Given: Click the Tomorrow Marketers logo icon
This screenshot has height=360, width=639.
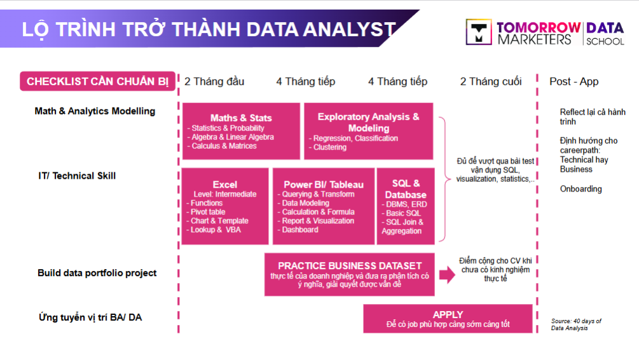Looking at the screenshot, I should tap(479, 32).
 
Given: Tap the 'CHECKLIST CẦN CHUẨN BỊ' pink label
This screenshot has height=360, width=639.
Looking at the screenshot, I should tap(98, 81).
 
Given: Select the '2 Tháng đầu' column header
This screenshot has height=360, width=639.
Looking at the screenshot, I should tap(214, 81).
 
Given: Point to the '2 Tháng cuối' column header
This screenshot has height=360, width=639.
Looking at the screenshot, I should tap(491, 81).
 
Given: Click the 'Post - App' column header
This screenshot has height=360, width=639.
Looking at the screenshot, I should tap(574, 81).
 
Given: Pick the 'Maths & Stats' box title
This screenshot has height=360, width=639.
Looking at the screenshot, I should tap(241, 118).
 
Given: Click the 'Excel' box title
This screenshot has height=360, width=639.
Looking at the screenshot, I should tap(225, 184).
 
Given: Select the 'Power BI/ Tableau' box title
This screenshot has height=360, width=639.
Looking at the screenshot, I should tap(324, 184).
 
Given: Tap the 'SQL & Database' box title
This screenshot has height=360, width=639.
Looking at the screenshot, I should tap(406, 189).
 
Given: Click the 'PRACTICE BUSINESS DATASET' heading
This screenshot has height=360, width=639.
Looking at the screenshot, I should tap(350, 265).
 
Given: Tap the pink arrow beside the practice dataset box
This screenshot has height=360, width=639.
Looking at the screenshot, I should tap(447, 274).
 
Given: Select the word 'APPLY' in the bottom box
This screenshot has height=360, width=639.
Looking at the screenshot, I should tap(448, 314).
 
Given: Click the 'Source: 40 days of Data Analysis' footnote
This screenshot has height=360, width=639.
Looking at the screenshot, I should tap(576, 324).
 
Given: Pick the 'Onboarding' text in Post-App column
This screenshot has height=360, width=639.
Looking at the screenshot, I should tap(581, 189).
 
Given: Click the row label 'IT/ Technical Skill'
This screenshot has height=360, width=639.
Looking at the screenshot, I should tap(77, 176).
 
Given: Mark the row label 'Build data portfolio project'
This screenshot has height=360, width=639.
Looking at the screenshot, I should tap(97, 273).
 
